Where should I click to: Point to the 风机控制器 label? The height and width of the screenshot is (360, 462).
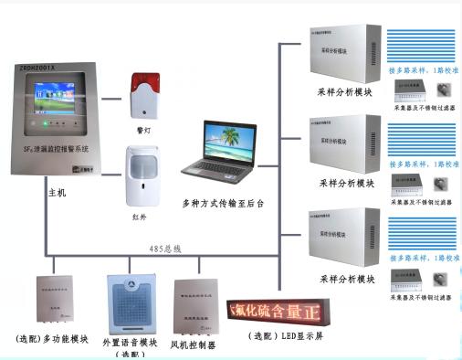coord(194,345)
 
